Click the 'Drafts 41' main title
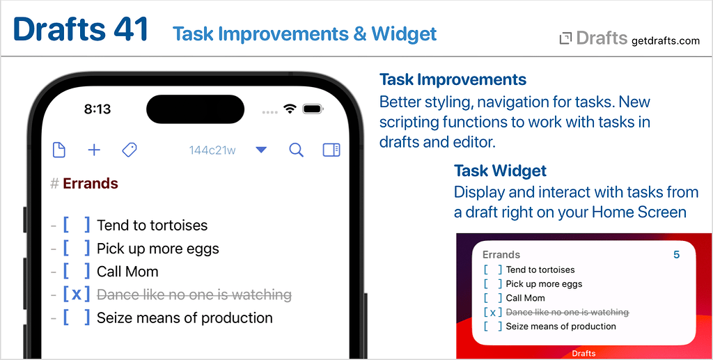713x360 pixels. (81, 29)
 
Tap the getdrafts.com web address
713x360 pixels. (665, 40)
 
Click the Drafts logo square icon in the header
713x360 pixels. (565, 39)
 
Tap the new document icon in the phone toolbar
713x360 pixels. (59, 150)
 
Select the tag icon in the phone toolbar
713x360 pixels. (129, 150)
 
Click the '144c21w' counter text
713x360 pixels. (212, 150)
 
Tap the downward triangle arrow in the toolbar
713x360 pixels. (261, 150)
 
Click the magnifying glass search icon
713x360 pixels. (296, 150)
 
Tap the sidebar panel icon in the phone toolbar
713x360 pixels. (331, 150)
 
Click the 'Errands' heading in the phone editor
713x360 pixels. (91, 184)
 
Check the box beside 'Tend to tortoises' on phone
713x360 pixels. (76, 225)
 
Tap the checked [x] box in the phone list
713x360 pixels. (76, 295)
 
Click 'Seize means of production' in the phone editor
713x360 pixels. (185, 318)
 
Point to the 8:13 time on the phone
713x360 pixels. (97, 109)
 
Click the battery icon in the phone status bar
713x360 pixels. (313, 109)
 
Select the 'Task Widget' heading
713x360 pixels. (500, 171)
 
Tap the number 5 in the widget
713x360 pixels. (676, 255)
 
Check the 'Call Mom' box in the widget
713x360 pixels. (492, 298)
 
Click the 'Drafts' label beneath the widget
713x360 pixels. (583, 354)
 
